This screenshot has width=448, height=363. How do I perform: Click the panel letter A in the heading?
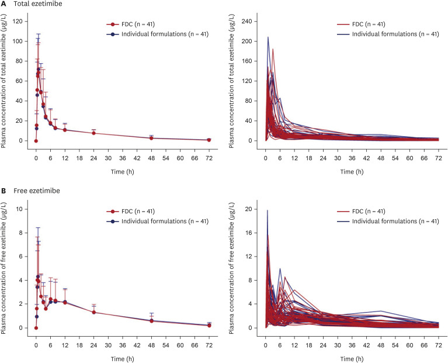click(4, 5)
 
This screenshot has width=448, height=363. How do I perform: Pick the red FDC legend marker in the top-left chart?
click(111, 24)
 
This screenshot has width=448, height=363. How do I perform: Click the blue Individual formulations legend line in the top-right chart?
click(345, 34)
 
